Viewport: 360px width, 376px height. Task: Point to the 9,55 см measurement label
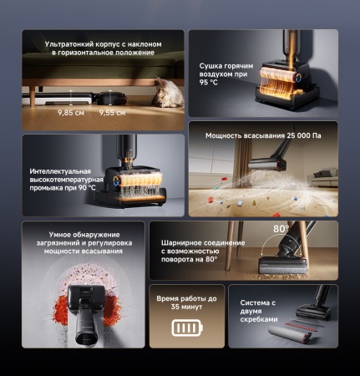[111, 111]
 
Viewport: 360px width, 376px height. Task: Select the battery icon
[187, 328]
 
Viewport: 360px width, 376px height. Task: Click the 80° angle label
[281, 229]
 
